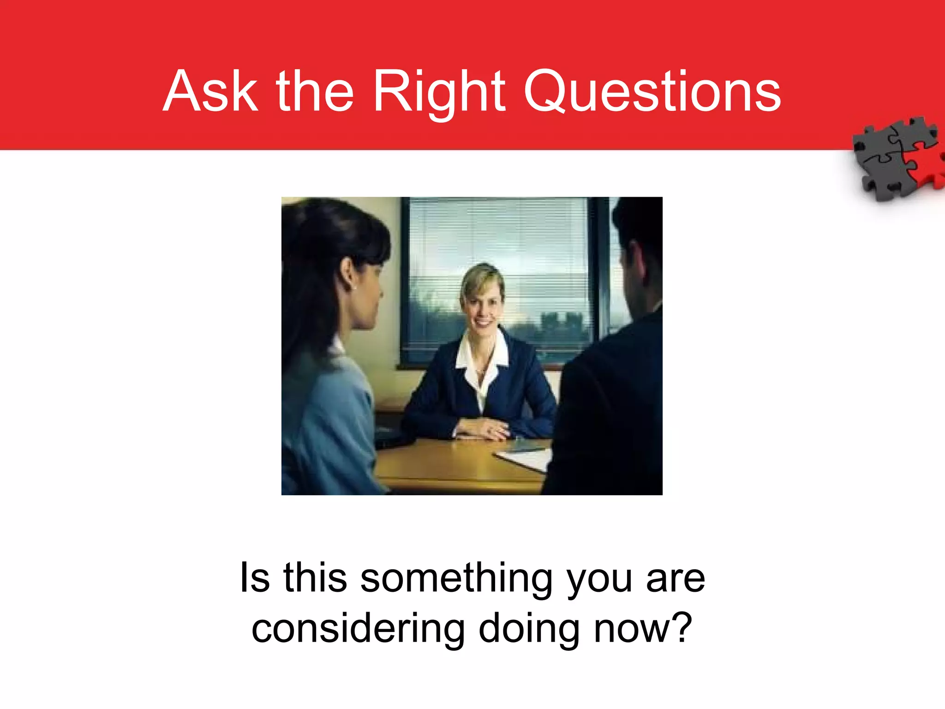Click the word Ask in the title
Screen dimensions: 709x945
(x=210, y=91)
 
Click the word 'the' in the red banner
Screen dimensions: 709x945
(x=315, y=91)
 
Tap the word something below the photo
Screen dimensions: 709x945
(x=456, y=579)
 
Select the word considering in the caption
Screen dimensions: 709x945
(x=358, y=629)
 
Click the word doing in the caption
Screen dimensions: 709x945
(x=529, y=629)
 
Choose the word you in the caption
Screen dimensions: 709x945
(x=599, y=580)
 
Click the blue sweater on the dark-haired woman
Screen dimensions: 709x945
(x=323, y=415)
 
